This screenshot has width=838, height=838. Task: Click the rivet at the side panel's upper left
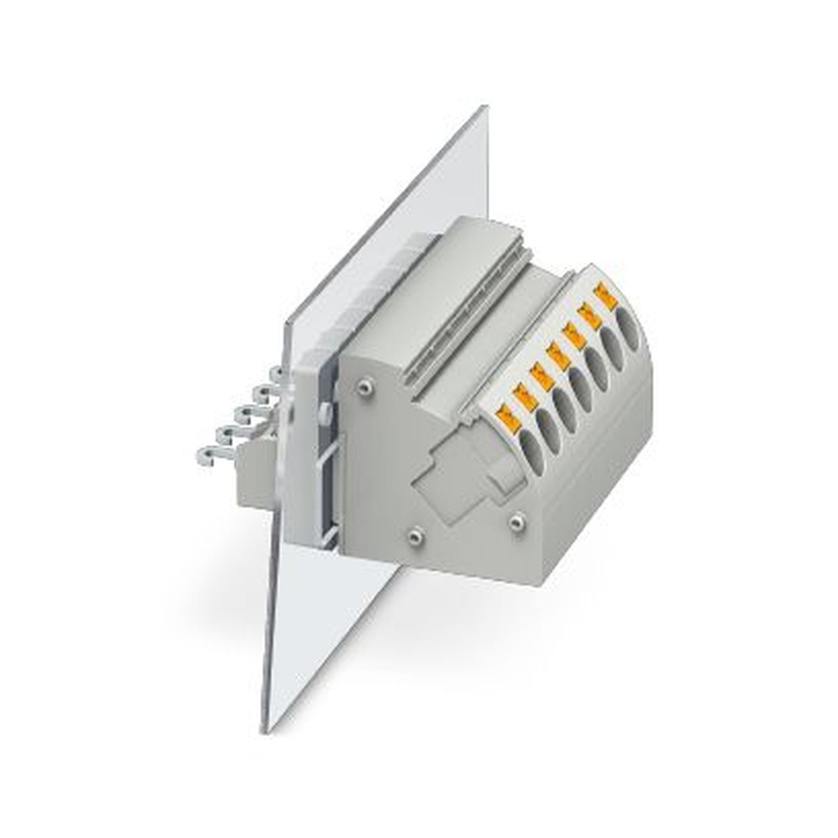click(x=364, y=387)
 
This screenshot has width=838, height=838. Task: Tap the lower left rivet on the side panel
click(x=413, y=535)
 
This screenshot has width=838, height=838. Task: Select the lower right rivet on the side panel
click(x=516, y=522)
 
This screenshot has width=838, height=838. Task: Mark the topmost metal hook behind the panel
click(x=277, y=374)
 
